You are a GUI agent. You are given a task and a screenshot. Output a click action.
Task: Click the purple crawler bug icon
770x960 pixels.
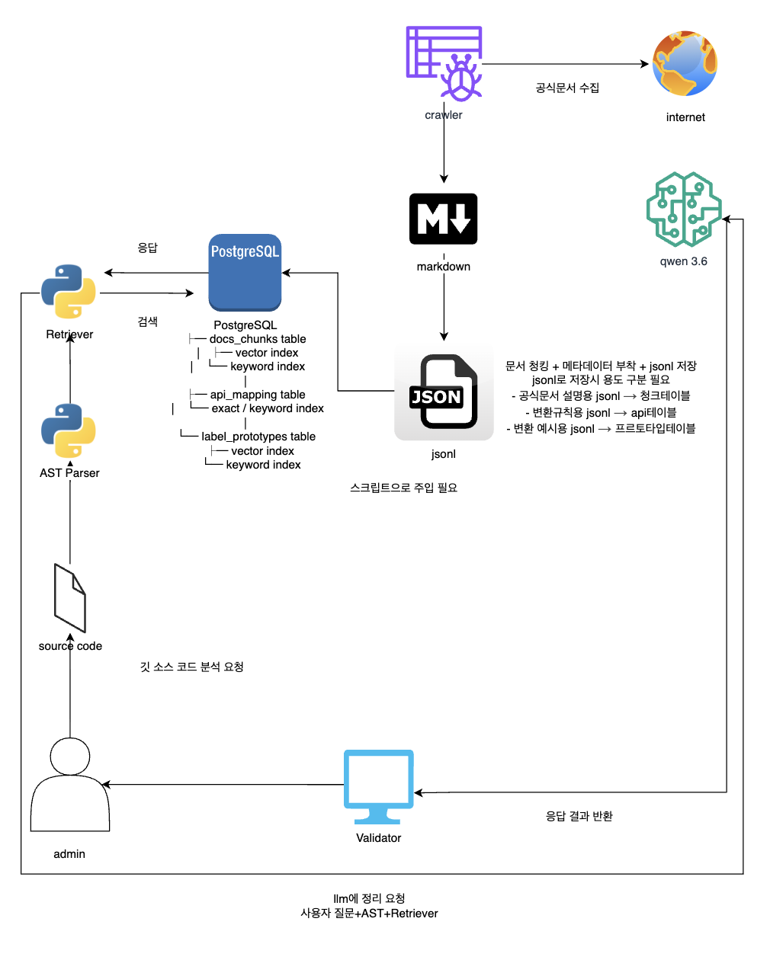[444, 63]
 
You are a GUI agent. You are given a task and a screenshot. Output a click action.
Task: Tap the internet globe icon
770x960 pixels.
[685, 63]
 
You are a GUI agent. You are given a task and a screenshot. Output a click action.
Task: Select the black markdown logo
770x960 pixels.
[443, 219]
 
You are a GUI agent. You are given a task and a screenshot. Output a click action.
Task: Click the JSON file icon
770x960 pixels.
[444, 392]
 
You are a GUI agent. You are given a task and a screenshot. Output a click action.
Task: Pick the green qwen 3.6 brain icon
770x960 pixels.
[683, 210]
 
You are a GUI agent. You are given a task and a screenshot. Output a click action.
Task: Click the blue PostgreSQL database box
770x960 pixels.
[245, 273]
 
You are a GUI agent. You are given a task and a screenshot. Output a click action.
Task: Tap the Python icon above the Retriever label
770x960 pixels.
[69, 291]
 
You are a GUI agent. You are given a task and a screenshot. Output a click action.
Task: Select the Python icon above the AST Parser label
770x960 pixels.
[69, 430]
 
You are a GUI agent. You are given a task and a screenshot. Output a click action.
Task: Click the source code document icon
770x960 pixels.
[69, 598]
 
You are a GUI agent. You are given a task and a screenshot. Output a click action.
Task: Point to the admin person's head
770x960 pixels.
[69, 757]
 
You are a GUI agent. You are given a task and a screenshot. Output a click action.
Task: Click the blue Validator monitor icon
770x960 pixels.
[379, 787]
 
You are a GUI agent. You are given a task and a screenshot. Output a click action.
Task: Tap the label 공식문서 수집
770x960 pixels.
[567, 88]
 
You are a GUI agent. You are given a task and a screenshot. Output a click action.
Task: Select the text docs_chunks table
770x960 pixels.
[258, 339]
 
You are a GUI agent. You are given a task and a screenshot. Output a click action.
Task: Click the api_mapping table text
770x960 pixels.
[258, 395]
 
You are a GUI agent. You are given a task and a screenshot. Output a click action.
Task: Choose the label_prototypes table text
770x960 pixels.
[258, 437]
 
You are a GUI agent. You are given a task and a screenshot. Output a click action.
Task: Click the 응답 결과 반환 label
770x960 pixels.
[579, 816]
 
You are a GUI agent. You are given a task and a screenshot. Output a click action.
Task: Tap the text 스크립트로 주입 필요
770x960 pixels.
[403, 488]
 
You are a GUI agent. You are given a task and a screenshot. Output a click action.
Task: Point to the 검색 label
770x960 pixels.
[147, 322]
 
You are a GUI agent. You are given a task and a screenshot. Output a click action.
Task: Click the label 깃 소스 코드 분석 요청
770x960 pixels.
[192, 667]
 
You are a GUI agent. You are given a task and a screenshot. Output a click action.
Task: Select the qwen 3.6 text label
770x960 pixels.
[683, 261]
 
